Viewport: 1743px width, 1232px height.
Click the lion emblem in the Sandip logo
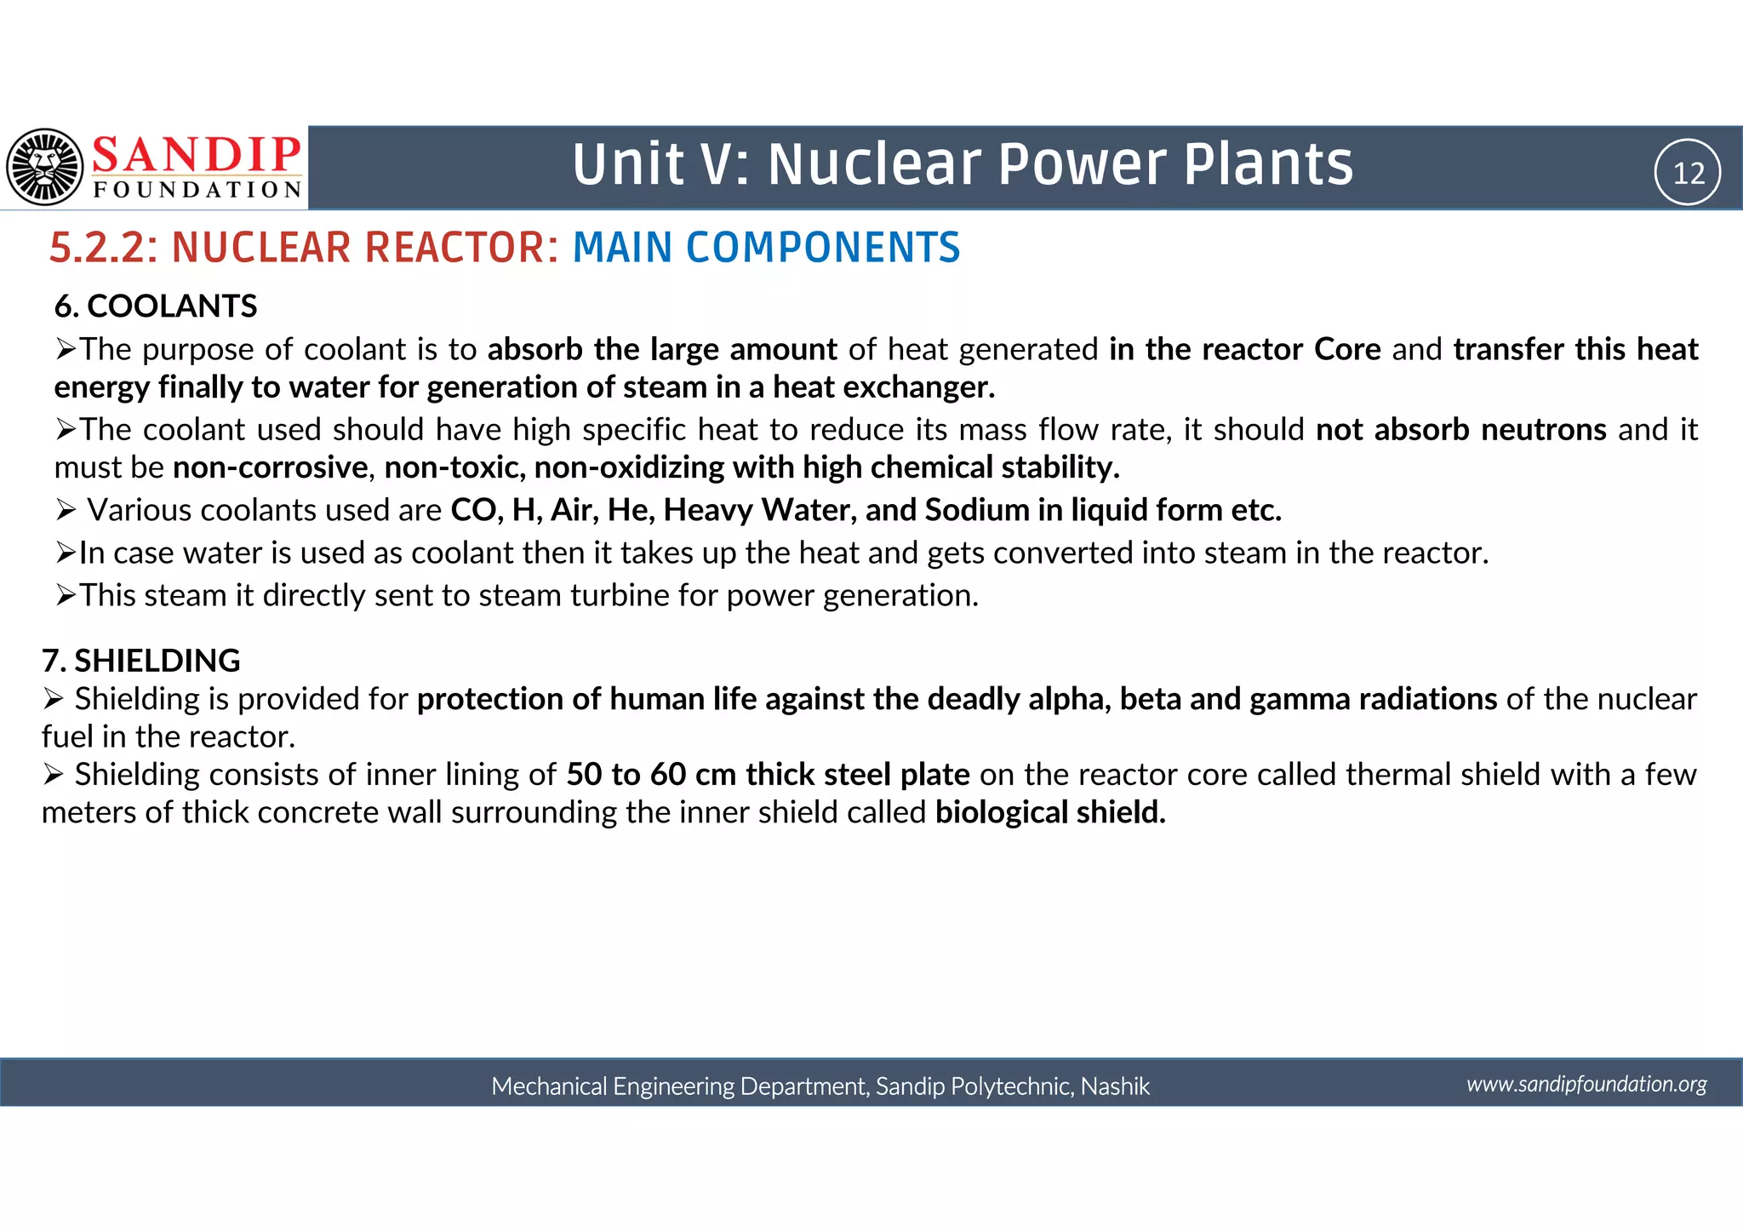(x=45, y=167)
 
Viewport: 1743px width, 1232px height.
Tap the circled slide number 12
(x=1688, y=173)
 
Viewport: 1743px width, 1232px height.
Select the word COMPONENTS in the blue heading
(x=822, y=248)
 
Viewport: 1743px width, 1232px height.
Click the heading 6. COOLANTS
(x=156, y=307)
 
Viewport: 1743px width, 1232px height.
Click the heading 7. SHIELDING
(x=141, y=661)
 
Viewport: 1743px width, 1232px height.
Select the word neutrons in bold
(x=1544, y=429)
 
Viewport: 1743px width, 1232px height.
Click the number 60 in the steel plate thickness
(x=668, y=775)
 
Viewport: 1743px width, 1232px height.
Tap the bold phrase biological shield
(x=1050, y=812)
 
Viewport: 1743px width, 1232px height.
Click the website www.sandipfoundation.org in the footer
(x=1586, y=1084)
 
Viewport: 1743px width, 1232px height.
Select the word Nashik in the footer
(x=1115, y=1086)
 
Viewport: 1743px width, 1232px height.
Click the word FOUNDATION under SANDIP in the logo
(x=197, y=189)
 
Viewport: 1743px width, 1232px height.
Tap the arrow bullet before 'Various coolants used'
(x=66, y=510)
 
